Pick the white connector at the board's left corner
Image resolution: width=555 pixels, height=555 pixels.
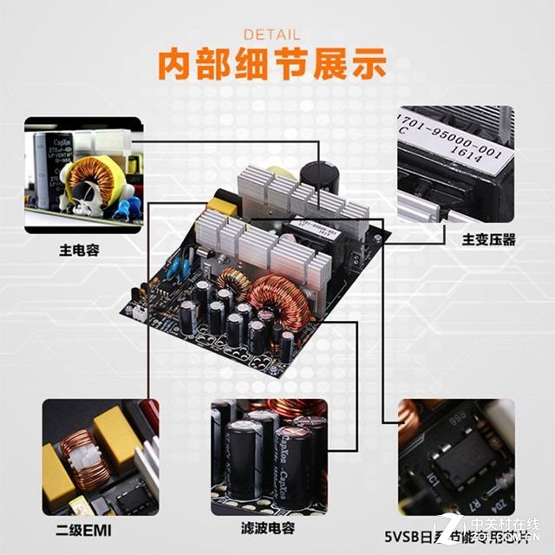(135, 310)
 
